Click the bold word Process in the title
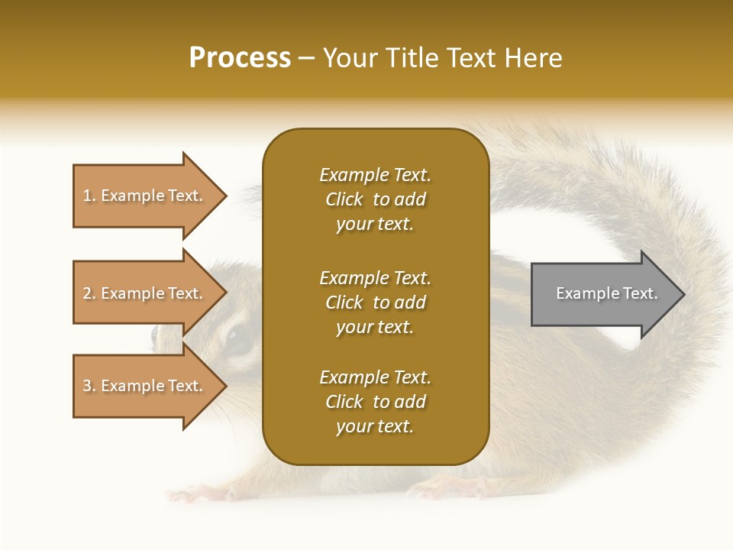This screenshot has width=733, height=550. click(x=240, y=58)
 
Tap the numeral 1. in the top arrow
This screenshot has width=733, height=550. click(x=89, y=196)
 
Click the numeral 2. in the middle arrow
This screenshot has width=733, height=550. click(x=89, y=293)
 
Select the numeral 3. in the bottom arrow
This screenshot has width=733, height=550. click(x=89, y=386)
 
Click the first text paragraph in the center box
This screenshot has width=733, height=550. click(x=375, y=199)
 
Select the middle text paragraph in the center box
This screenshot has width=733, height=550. click(x=375, y=302)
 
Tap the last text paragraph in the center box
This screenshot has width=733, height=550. click(x=375, y=402)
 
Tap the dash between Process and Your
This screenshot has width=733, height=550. click(x=306, y=58)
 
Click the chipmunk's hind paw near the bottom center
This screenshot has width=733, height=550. click(x=443, y=486)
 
